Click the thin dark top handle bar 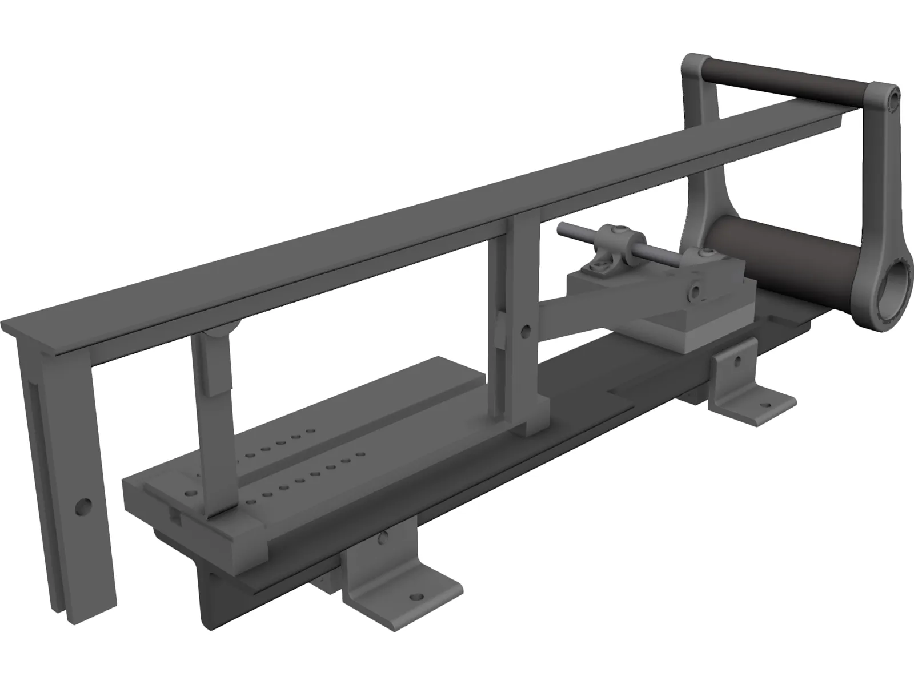coord(788,79)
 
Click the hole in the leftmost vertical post coord(84,505)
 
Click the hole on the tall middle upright coord(524,329)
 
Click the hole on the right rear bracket coord(738,361)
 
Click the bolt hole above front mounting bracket coord(384,537)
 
